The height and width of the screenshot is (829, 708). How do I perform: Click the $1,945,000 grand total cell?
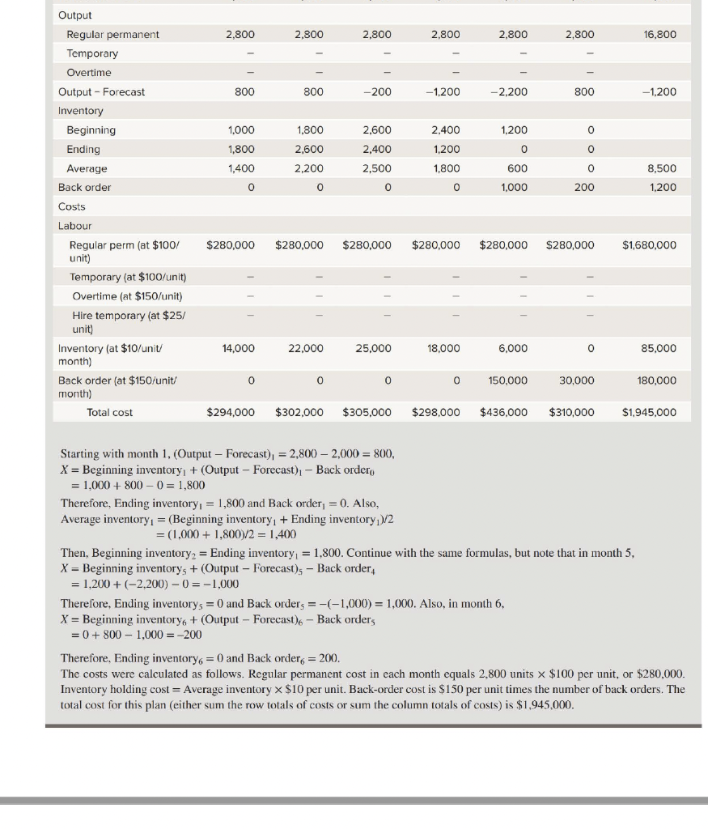tap(649, 412)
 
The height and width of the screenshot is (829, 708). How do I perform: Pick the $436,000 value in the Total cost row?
tap(503, 412)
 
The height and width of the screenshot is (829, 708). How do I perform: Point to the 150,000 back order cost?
tap(509, 380)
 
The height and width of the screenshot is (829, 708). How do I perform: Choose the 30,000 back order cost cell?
tap(577, 380)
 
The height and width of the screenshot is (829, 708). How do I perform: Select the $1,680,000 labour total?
tap(649, 244)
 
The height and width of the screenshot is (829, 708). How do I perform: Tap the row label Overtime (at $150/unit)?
tap(127, 295)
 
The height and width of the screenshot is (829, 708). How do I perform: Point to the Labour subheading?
tap(74, 226)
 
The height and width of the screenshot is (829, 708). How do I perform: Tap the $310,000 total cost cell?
tap(570, 412)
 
